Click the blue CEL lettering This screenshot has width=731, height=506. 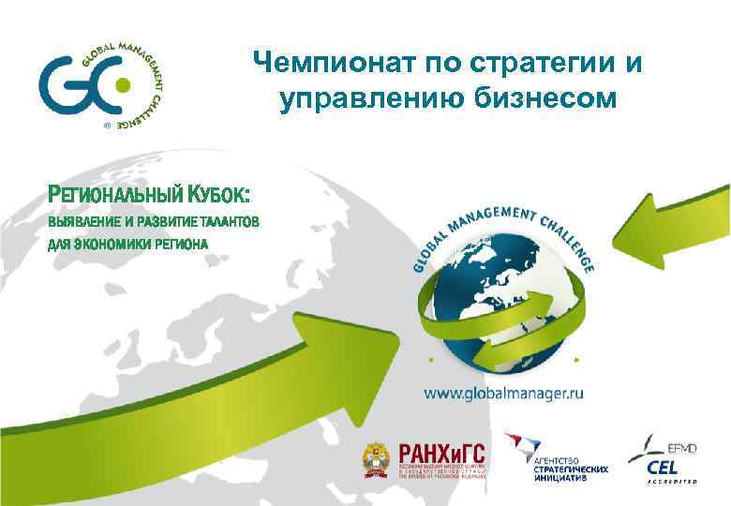pos(663,466)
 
